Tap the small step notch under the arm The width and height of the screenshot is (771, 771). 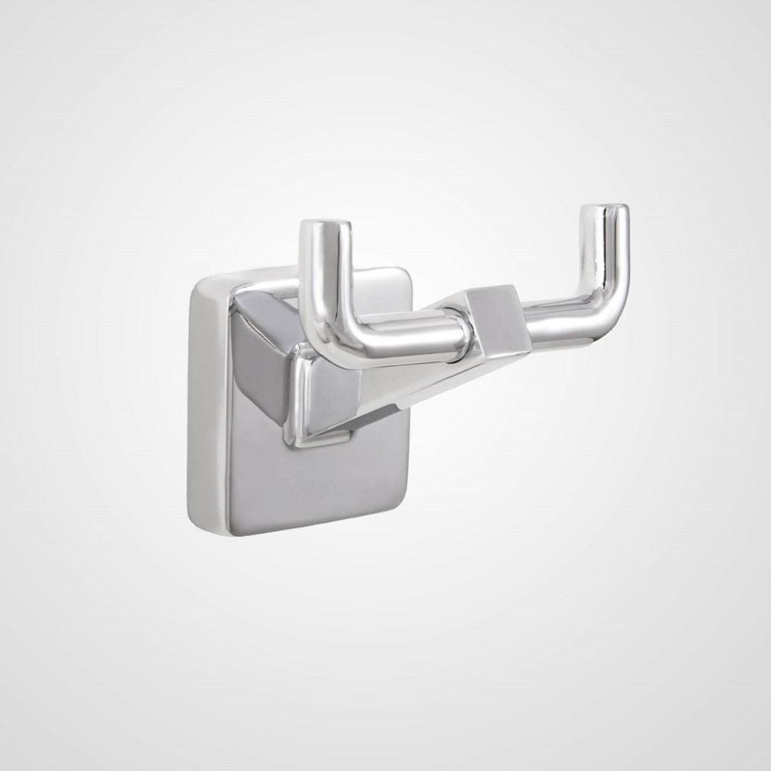tap(332, 442)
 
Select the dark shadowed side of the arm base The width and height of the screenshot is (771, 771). tap(258, 362)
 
